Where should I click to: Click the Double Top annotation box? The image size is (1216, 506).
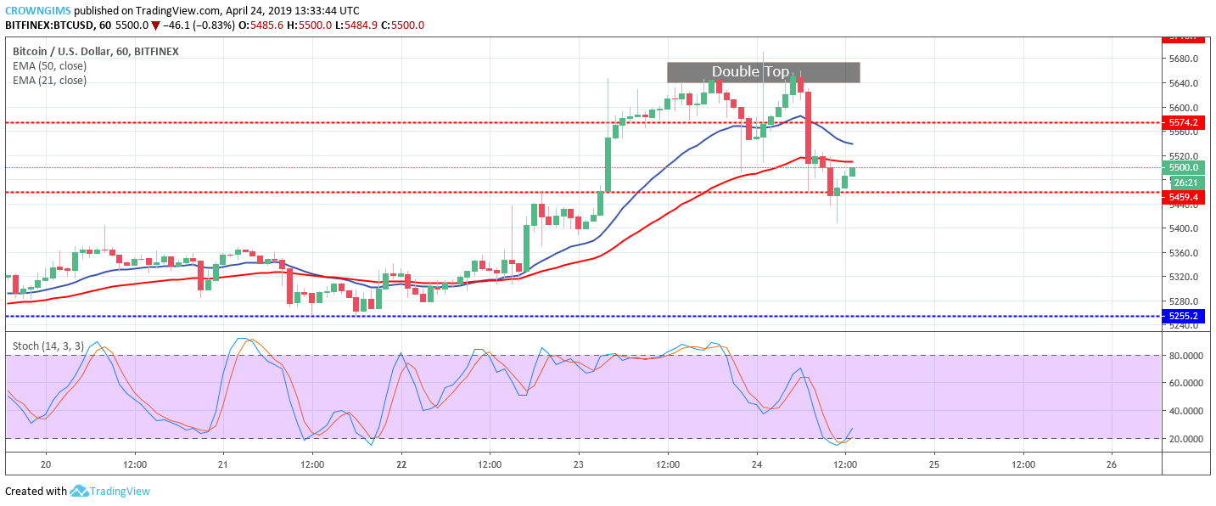coord(763,72)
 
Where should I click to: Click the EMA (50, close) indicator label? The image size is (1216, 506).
coord(49,66)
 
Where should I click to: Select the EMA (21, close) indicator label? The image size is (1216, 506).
coord(49,81)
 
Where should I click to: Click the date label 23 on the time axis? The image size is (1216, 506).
coord(579,464)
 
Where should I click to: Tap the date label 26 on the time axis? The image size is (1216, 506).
coord(1112,464)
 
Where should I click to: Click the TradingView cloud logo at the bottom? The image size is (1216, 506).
coord(80,491)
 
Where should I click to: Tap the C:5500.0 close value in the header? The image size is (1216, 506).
coord(401,25)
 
